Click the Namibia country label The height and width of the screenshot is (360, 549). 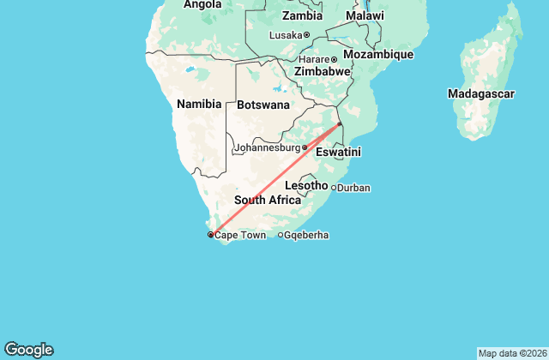click(199, 104)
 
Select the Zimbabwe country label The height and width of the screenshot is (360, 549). click(322, 72)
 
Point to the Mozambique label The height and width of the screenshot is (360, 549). click(378, 54)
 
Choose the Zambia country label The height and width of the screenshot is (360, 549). click(302, 15)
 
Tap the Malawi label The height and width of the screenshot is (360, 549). click(365, 15)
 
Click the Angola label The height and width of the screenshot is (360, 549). click(203, 3)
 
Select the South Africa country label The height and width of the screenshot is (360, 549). click(268, 200)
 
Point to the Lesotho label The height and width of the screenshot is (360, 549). click(305, 185)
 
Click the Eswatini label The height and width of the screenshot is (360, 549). click(338, 152)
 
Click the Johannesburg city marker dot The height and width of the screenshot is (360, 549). click(305, 147)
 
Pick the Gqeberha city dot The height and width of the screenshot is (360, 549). click(281, 235)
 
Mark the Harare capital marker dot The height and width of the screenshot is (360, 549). click(335, 59)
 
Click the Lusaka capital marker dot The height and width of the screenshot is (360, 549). click(306, 35)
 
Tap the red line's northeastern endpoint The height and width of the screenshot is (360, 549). click(340, 124)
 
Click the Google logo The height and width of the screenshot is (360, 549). click(28, 349)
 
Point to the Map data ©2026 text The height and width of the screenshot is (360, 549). click(511, 353)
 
